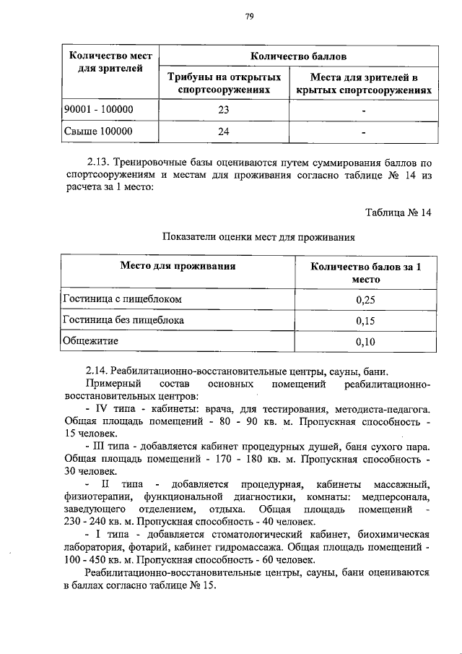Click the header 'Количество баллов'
[x=298, y=56]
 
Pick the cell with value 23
[x=223, y=110]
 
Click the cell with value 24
[x=223, y=132]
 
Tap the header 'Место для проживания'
[x=178, y=266]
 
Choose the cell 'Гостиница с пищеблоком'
[x=121, y=298]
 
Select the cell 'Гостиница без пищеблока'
[x=123, y=319]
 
